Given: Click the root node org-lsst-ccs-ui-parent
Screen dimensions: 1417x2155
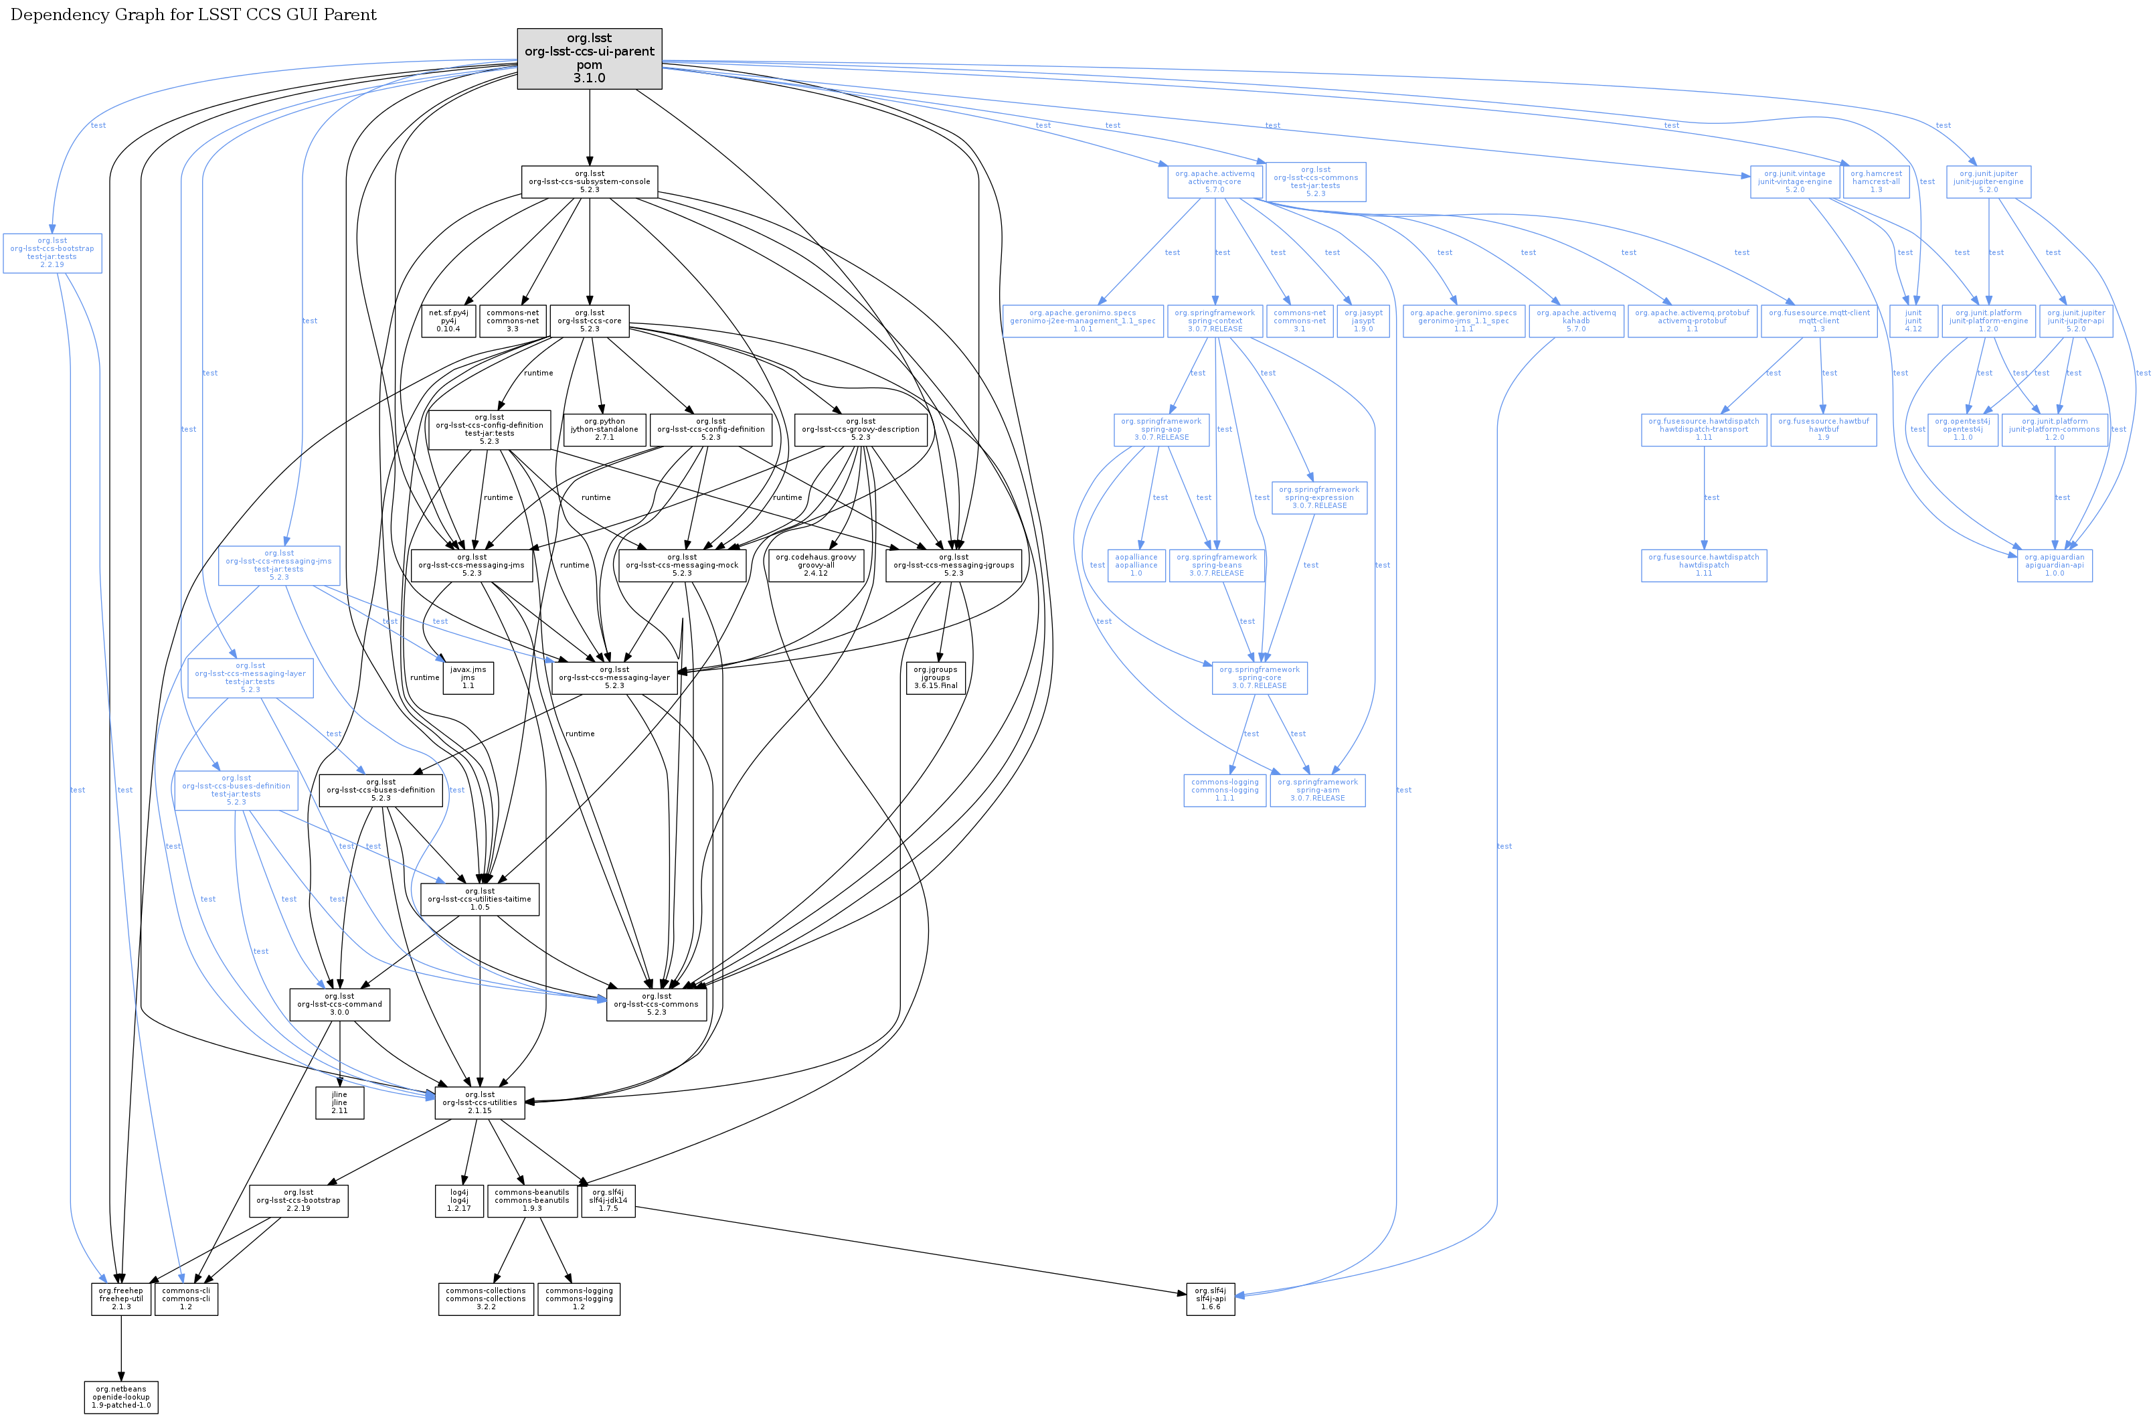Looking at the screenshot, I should click(590, 59).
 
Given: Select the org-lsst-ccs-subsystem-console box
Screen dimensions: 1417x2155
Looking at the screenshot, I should click(590, 182).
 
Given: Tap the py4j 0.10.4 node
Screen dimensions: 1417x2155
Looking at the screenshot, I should click(448, 321).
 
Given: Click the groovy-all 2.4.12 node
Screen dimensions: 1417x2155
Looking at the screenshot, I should click(815, 566).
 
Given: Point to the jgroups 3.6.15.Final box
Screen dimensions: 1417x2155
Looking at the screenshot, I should click(936, 678).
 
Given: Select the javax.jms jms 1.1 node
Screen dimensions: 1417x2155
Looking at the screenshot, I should click(468, 678).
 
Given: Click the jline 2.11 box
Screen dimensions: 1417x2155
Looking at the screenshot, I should click(339, 1103).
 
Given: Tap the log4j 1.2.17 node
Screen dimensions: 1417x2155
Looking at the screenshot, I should click(460, 1201).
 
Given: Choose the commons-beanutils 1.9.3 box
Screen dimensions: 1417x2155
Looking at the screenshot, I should click(533, 1201).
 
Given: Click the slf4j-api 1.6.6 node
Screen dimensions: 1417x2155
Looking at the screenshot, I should click(1210, 1299).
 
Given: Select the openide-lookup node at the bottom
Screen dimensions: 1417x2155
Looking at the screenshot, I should click(121, 1397).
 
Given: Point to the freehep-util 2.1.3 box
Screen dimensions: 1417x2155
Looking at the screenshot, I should click(121, 1299).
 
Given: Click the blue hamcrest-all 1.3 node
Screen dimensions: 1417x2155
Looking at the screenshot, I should click(1876, 182).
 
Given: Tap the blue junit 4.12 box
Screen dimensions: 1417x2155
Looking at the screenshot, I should click(1913, 321).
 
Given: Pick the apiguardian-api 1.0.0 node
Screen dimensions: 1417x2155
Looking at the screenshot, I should click(2055, 566).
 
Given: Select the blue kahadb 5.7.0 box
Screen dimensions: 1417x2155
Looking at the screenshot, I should click(1575, 321).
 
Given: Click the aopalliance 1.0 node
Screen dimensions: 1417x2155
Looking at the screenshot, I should click(1136, 566).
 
